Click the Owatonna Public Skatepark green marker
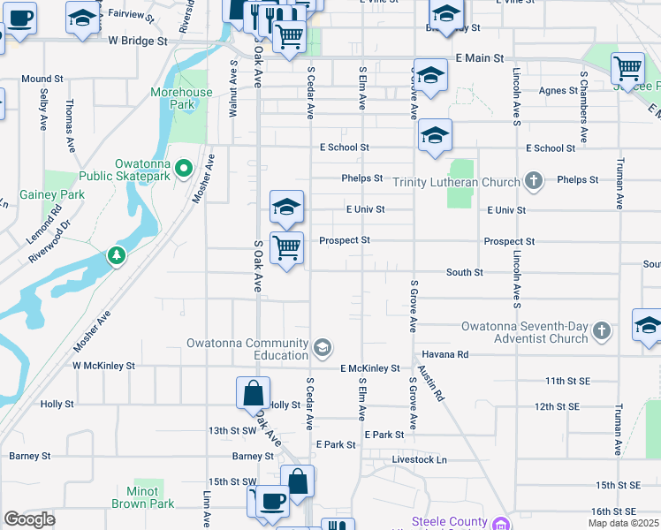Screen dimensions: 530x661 click(184, 166)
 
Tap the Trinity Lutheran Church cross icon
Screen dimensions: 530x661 click(533, 182)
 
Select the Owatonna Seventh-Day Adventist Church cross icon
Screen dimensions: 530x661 click(602, 331)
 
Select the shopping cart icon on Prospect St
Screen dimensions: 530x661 click(286, 247)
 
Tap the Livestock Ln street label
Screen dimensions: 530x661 click(420, 460)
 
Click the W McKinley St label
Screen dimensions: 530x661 click(103, 365)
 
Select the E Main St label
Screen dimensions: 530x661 click(479, 57)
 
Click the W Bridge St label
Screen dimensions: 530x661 click(138, 41)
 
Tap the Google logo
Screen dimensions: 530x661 click(29, 519)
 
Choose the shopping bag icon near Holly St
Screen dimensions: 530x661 click(253, 391)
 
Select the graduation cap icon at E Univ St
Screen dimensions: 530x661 click(286, 207)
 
